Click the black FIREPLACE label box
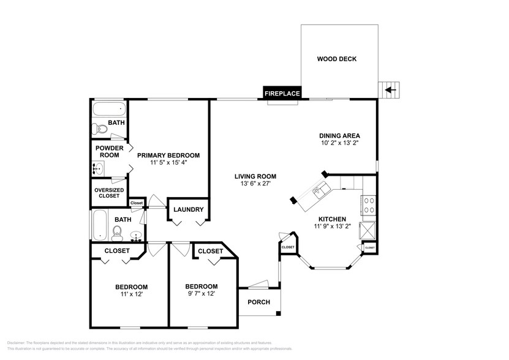tap(282, 94)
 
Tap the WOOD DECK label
tap(336, 59)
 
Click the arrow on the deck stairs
tap(388, 91)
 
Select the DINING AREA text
tap(339, 136)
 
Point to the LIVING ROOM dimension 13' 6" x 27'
tap(252, 183)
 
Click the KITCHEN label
tap(332, 219)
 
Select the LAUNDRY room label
tap(188, 209)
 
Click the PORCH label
tap(258, 302)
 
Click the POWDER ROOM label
tap(109, 151)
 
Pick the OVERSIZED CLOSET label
tap(109, 193)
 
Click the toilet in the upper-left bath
tap(98, 129)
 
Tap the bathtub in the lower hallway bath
tap(99, 225)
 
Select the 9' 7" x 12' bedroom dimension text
tap(201, 293)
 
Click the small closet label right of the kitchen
tap(369, 247)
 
